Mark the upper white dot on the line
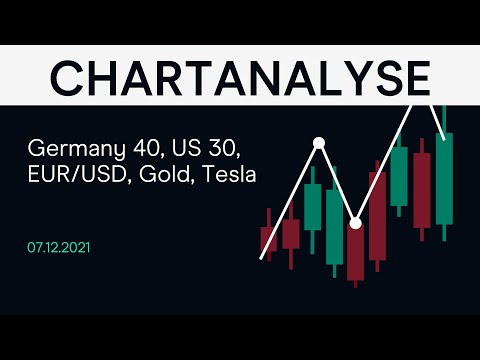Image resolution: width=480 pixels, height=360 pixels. pyautogui.click(x=319, y=143)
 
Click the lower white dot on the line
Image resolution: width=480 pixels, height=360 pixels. pyautogui.click(x=355, y=221)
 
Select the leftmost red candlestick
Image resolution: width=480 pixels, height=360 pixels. pyautogui.click(x=268, y=240)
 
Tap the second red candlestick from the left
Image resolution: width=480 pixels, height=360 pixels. pyautogui.click(x=290, y=233)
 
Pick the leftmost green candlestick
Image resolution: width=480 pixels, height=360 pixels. pyautogui.click(x=312, y=207)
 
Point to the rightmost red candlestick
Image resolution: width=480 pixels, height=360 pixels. pyautogui.click(x=422, y=184)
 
